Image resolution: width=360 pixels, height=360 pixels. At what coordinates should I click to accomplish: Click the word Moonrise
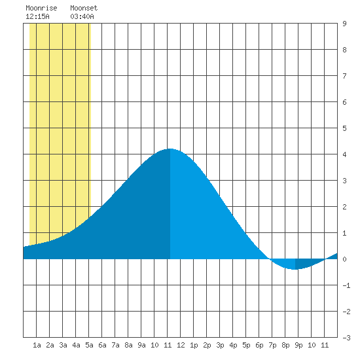[x=41, y=8]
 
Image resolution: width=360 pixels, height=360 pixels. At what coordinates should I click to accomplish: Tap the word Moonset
[x=84, y=8]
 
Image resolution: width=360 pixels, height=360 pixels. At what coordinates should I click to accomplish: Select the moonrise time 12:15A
[x=37, y=16]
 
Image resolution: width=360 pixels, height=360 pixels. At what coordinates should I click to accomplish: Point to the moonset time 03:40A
[x=82, y=16]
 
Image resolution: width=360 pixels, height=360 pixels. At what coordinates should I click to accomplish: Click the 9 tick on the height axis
[x=344, y=24]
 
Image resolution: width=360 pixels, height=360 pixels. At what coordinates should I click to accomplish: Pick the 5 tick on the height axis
[x=344, y=128]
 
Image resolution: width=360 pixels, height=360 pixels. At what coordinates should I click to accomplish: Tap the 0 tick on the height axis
[x=344, y=259]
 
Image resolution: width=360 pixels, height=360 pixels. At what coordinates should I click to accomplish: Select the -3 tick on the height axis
[x=346, y=338]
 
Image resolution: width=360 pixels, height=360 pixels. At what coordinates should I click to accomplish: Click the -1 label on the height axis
[x=346, y=285]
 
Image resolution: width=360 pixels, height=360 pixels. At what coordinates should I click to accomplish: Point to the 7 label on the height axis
[x=344, y=76]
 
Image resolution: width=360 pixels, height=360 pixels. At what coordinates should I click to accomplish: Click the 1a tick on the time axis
[x=37, y=345]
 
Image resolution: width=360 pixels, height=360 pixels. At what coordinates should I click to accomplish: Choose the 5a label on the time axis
[x=89, y=345]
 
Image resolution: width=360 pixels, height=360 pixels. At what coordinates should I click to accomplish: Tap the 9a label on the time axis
[x=141, y=345]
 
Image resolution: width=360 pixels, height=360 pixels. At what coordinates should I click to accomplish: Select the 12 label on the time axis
[x=181, y=345]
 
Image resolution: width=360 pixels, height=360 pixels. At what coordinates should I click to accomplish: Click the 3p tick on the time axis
[x=220, y=345]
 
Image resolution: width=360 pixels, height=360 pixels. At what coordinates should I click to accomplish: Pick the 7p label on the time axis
[x=272, y=345]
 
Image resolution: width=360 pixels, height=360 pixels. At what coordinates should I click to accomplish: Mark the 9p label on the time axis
[x=298, y=345]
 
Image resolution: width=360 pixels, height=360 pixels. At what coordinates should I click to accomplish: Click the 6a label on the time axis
[x=102, y=345]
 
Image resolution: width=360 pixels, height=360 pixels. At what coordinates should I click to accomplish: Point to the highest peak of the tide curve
[x=170, y=149]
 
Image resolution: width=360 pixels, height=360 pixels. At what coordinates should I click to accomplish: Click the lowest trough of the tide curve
[x=295, y=269]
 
